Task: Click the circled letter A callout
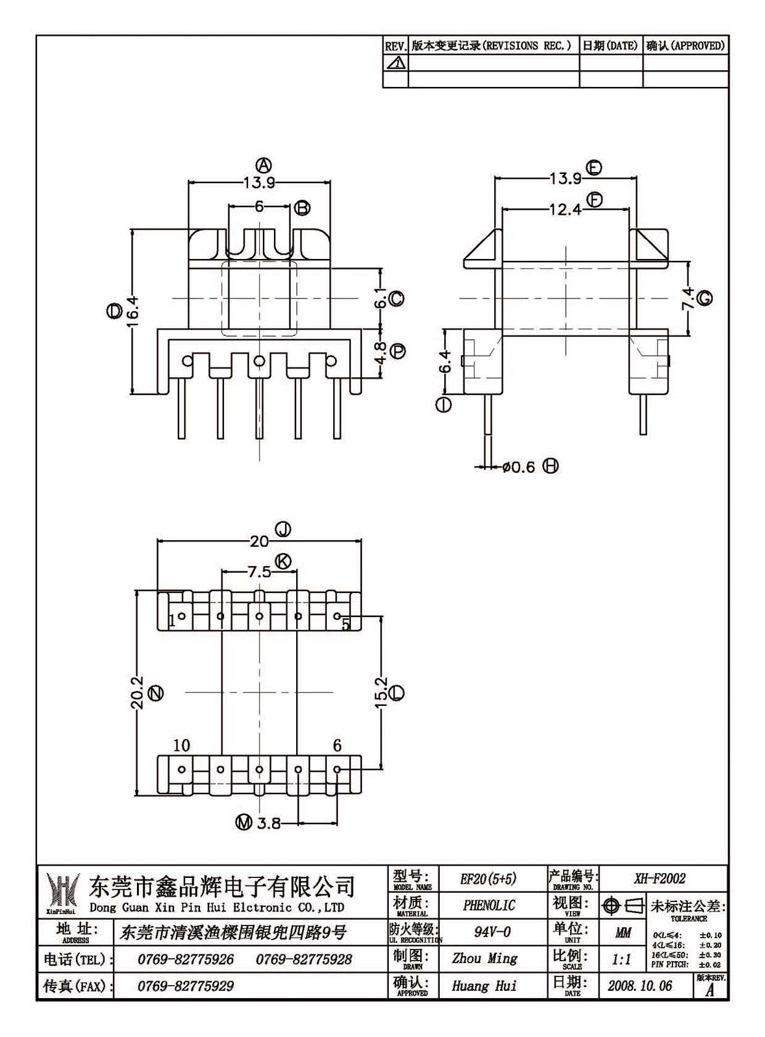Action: (263, 165)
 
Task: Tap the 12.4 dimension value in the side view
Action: (565, 210)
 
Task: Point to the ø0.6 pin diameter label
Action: (518, 467)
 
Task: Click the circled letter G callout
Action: (705, 298)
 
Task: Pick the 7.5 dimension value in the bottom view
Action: (259, 572)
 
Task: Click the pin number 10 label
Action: (181, 745)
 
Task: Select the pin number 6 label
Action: (337, 745)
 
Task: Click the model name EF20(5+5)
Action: (488, 879)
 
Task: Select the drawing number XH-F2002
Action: (660, 879)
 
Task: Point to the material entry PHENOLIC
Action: (489, 906)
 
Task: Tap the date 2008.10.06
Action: (640, 986)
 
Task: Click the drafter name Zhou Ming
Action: (485, 958)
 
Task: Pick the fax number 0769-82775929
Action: (185, 986)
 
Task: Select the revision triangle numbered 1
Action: (396, 62)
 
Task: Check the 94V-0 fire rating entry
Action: (492, 932)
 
